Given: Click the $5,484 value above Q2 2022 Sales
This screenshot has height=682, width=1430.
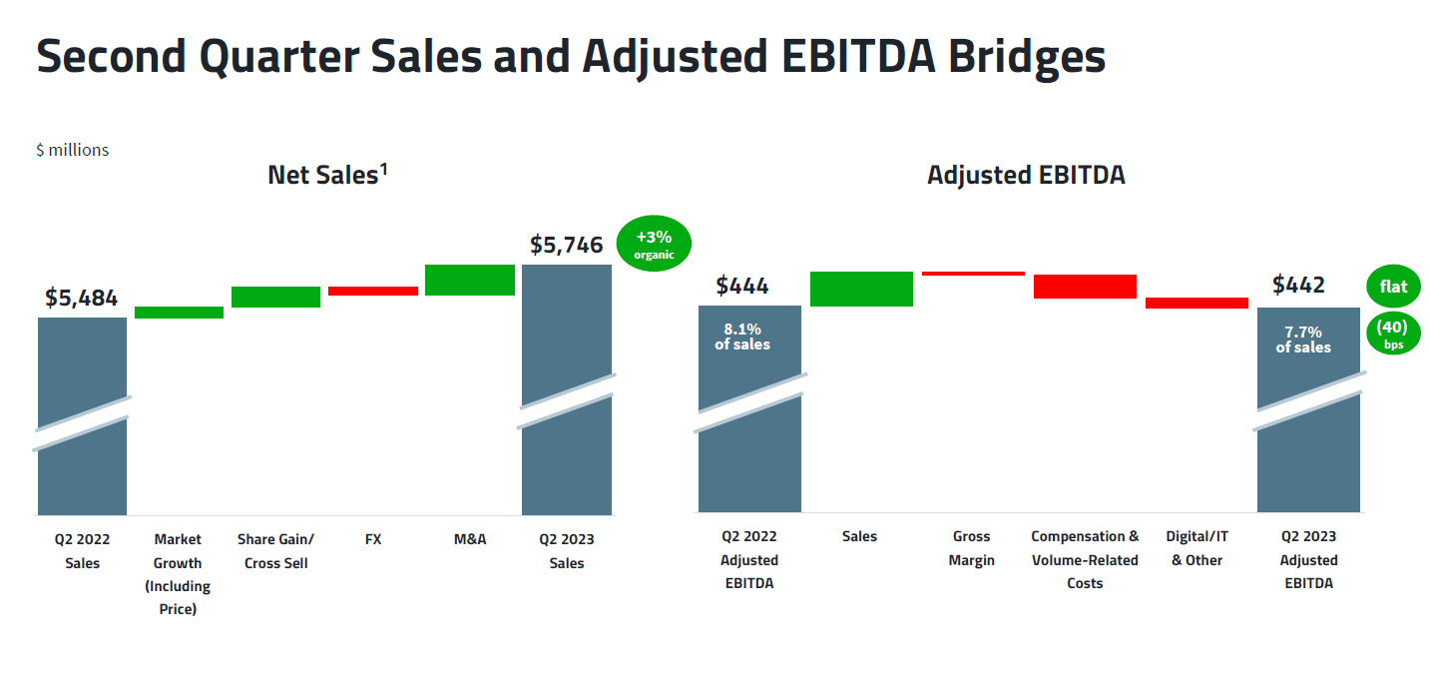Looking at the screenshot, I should [x=82, y=298].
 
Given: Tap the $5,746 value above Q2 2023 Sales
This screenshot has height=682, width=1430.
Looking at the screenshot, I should [x=566, y=245].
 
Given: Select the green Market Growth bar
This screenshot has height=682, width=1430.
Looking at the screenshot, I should [x=179, y=313].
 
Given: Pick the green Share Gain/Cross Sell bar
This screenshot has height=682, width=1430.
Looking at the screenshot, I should [x=275, y=297].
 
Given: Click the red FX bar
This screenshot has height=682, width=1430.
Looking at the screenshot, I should [x=373, y=291].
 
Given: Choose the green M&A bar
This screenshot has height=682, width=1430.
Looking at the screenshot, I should [x=469, y=280].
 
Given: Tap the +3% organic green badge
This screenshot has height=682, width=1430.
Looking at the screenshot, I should [x=654, y=244].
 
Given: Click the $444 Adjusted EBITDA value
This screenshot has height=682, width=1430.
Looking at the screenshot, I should [x=742, y=286].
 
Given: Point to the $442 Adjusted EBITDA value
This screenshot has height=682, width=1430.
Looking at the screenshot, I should [x=1298, y=286].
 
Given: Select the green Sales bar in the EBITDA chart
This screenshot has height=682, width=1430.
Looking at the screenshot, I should [x=861, y=289].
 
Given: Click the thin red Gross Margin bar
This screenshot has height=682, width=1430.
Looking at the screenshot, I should [x=973, y=273].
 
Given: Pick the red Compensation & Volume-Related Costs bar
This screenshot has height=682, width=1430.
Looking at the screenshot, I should [x=1085, y=286].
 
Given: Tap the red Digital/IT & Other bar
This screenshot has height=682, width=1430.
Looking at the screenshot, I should [x=1196, y=303].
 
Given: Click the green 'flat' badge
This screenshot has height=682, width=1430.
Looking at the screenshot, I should [x=1393, y=287].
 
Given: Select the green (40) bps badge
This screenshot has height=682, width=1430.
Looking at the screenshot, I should [x=1392, y=334].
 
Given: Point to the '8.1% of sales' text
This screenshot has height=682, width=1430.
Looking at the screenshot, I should [x=742, y=336].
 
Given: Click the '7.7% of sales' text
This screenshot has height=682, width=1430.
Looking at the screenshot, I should [x=1303, y=340].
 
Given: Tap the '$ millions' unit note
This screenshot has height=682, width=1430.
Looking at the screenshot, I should [x=73, y=150].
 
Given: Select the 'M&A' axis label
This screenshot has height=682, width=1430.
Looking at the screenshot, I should [x=469, y=539].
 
